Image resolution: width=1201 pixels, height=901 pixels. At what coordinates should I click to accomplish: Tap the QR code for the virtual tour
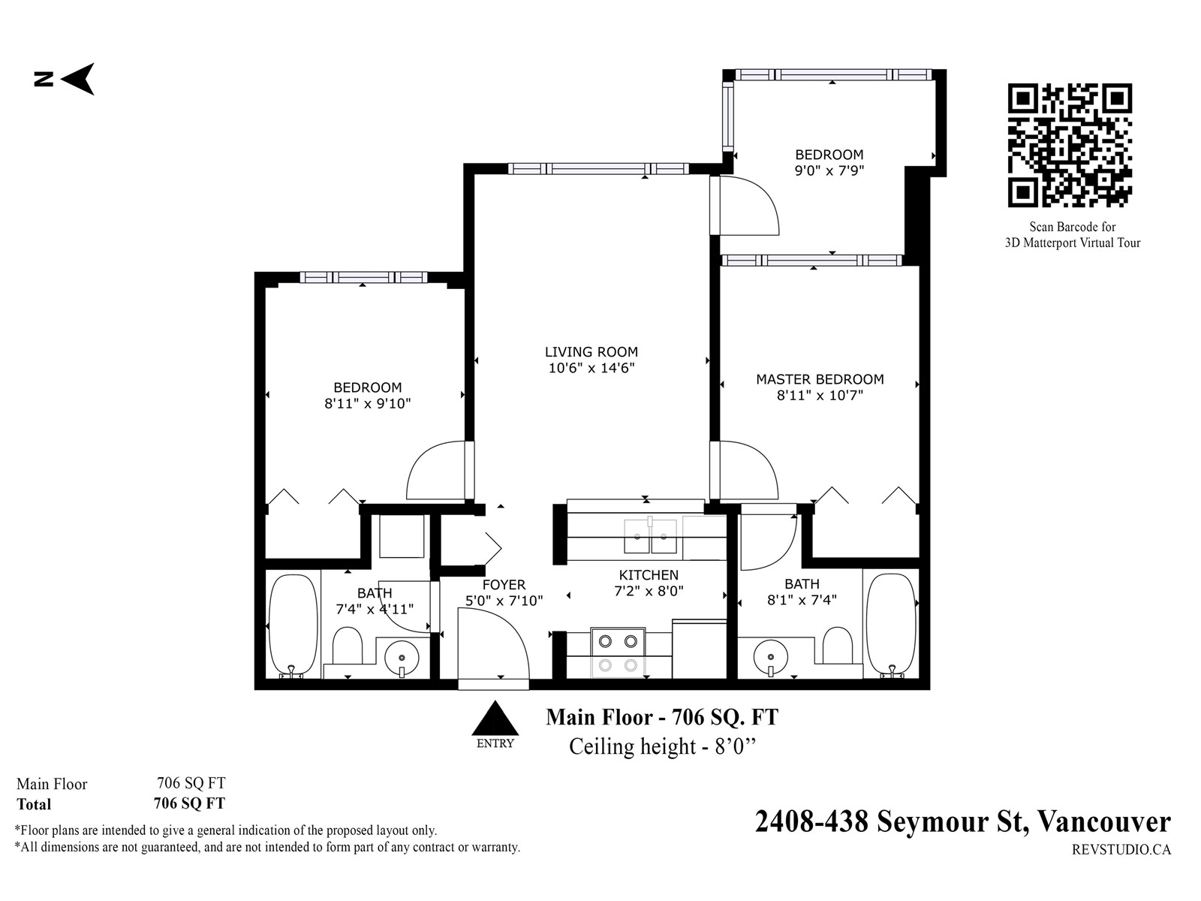(1070, 146)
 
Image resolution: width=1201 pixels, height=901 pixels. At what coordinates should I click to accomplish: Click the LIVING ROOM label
(591, 351)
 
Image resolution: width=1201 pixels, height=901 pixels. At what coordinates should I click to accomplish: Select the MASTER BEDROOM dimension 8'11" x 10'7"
(820, 395)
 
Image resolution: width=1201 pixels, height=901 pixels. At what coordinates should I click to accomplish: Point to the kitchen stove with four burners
(618, 652)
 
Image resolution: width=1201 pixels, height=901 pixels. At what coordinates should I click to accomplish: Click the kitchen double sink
(650, 536)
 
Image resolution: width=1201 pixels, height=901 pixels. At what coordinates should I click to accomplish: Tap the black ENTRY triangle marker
(495, 718)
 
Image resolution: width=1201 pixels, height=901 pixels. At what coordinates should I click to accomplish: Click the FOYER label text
(504, 584)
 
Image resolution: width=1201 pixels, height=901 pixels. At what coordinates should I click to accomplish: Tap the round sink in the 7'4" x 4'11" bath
(402, 658)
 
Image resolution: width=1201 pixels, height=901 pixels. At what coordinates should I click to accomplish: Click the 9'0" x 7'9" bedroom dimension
(829, 170)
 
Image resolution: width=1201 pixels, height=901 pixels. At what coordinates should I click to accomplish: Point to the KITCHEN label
(649, 575)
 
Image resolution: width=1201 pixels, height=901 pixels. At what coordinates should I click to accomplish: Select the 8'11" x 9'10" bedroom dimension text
(368, 404)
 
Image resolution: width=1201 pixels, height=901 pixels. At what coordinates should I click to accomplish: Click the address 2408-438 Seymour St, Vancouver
(962, 821)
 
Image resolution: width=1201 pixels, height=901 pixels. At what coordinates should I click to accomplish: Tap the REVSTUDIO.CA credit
(1121, 850)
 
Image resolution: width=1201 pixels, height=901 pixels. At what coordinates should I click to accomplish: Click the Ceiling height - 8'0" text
(663, 746)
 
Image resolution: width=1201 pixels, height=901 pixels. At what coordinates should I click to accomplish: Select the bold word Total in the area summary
(34, 804)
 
